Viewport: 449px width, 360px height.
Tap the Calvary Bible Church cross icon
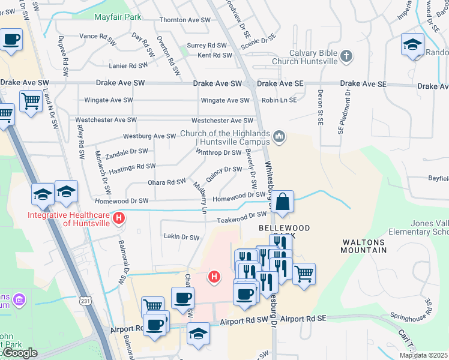(346, 56)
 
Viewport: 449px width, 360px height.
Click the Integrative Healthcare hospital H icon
(119, 218)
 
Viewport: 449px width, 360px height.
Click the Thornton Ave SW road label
(185, 20)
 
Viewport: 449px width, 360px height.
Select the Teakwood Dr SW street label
(241, 214)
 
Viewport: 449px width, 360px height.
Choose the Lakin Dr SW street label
(181, 237)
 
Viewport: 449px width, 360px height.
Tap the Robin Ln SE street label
(279, 100)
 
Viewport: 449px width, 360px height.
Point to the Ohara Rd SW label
(167, 182)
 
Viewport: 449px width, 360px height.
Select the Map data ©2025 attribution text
(423, 355)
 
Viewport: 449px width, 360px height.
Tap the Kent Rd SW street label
(214, 55)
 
